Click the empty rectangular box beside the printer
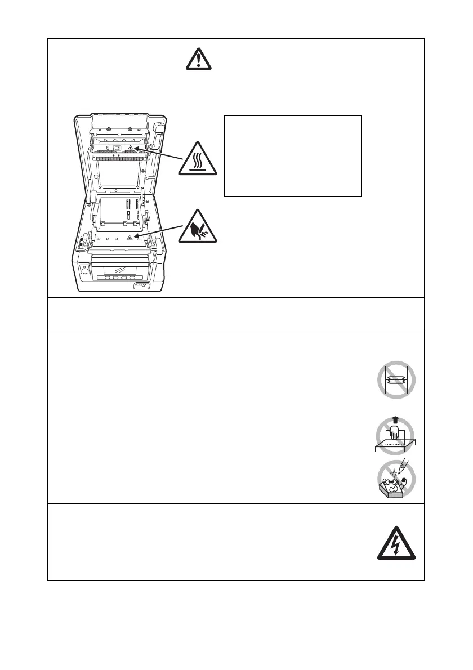click(x=292, y=155)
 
